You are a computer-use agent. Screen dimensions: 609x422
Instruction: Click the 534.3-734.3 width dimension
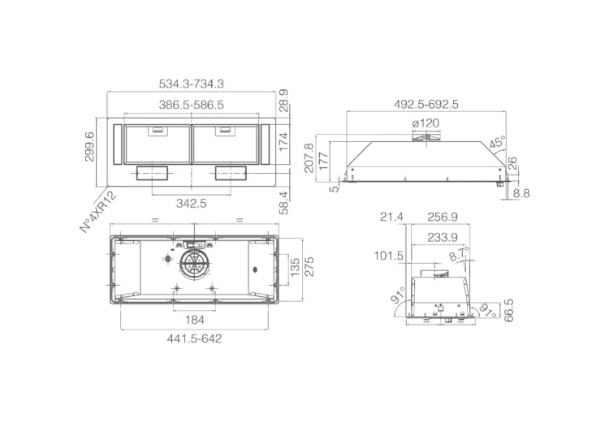coord(191,84)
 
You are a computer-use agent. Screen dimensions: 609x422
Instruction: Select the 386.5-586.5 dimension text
coord(191,105)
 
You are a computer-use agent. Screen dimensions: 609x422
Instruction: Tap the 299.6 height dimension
coord(89,146)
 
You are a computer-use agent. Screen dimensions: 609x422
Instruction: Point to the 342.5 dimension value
coord(191,203)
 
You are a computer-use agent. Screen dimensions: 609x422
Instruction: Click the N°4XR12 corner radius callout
coord(98,212)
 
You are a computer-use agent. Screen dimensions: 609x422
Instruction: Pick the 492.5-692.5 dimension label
coord(426,105)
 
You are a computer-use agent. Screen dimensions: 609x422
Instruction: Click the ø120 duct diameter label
coord(425,123)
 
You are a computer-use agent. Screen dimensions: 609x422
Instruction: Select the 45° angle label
coord(498,142)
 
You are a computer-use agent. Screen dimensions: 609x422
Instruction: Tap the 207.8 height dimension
coord(309,158)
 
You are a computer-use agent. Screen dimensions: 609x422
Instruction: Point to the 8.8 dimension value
coord(521,193)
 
